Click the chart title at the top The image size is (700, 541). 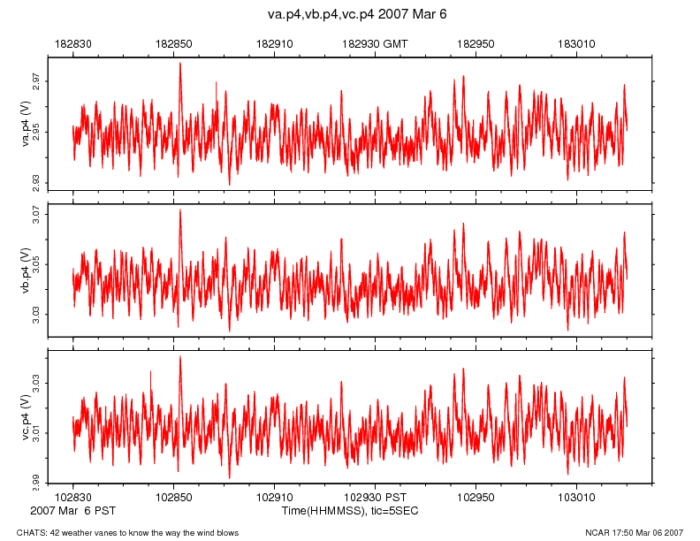click(x=357, y=15)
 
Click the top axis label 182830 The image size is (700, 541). click(x=73, y=42)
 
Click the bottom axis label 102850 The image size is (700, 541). click(x=174, y=499)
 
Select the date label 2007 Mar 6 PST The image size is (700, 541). click(x=72, y=511)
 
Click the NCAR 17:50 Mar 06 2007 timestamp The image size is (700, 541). click(x=635, y=532)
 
